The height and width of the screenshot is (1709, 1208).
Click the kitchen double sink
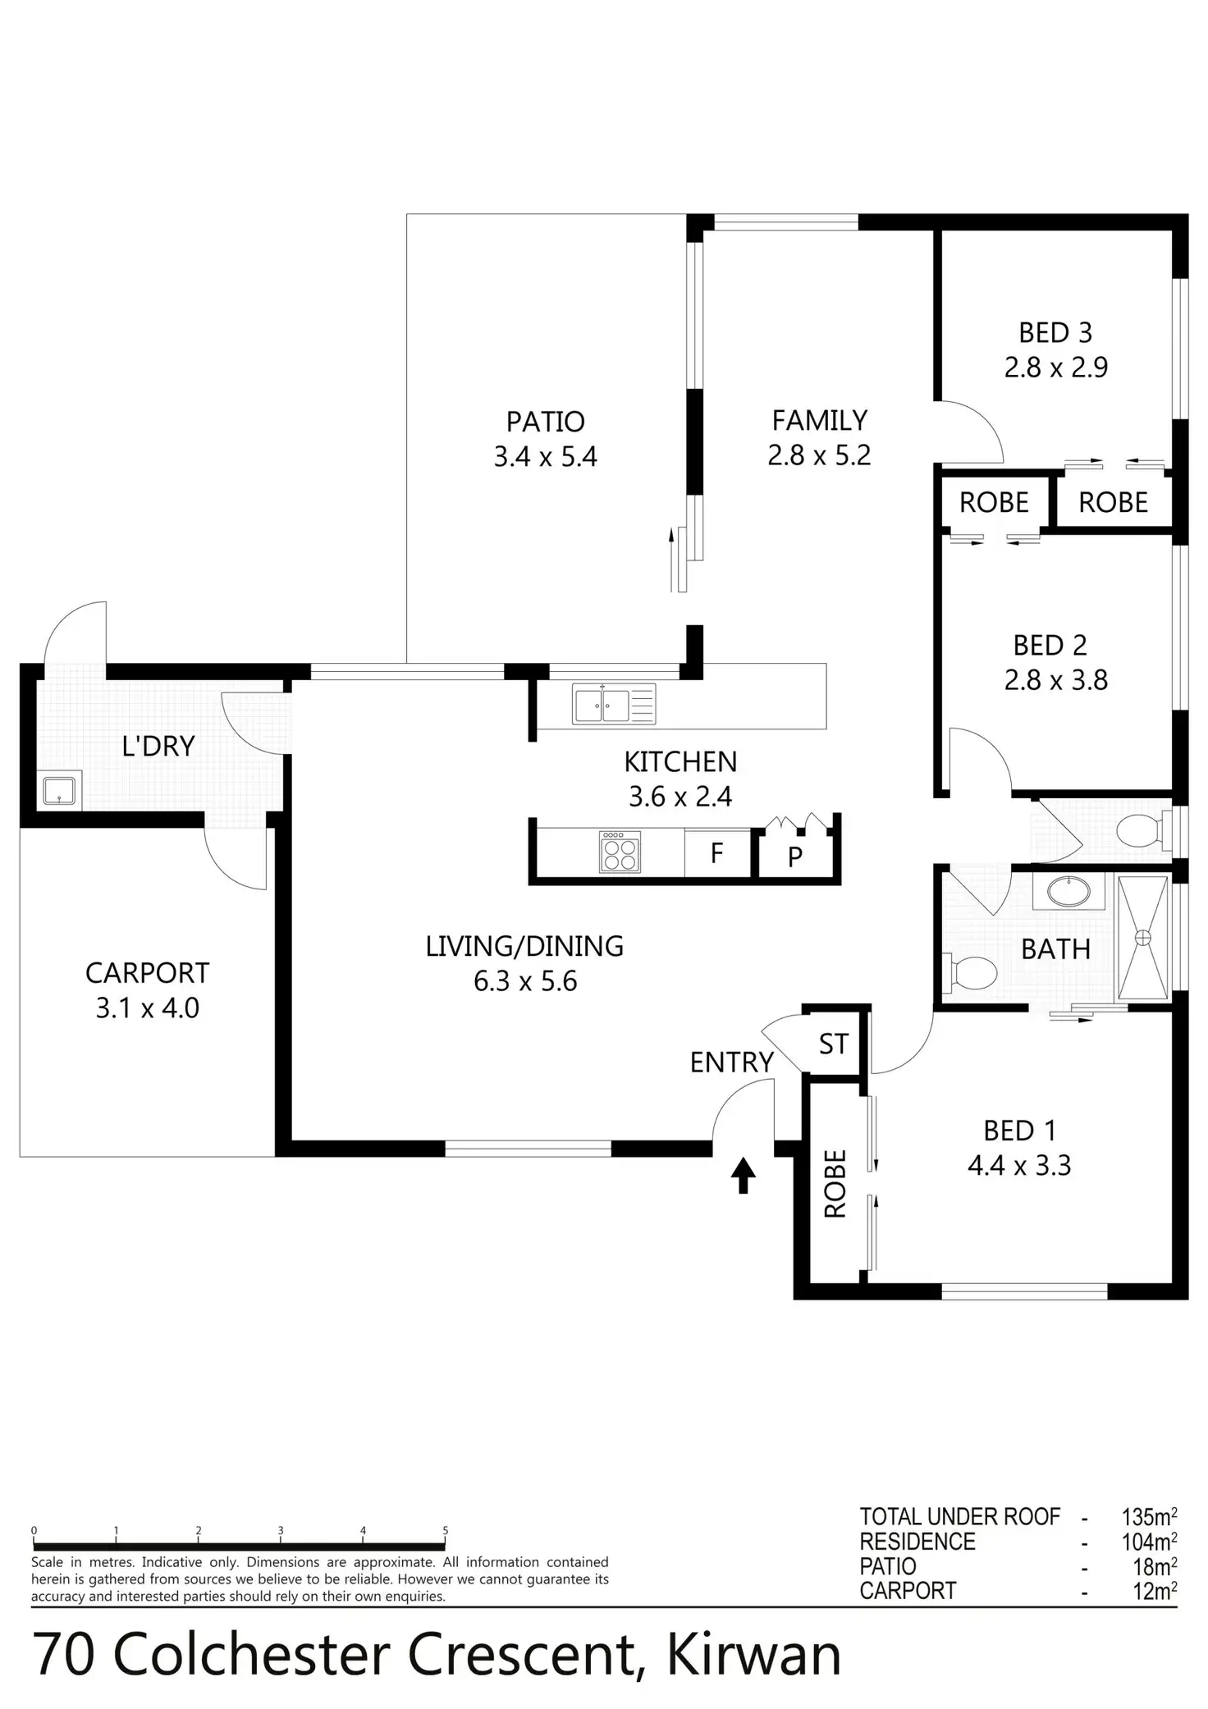614,705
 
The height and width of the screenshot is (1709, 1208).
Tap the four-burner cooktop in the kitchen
620,852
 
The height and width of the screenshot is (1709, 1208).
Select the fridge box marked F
716,854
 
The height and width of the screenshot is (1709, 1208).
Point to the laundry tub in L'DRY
59,790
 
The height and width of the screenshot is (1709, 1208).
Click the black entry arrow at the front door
743,1175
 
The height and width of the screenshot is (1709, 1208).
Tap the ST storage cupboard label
833,1044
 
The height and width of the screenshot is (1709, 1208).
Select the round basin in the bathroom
1068,892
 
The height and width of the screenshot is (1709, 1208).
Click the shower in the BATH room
1142,937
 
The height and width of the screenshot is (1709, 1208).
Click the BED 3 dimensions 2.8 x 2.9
1055,368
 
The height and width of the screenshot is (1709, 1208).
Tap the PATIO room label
545,422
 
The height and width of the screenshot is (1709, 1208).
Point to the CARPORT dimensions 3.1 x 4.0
148,1008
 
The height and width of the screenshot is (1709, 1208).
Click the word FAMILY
819,421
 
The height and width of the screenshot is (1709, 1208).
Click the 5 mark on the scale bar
446,1531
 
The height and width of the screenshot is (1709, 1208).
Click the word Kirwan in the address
753,1656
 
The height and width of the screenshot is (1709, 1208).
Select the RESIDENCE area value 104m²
1149,1542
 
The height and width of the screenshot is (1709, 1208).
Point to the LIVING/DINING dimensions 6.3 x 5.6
525,982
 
